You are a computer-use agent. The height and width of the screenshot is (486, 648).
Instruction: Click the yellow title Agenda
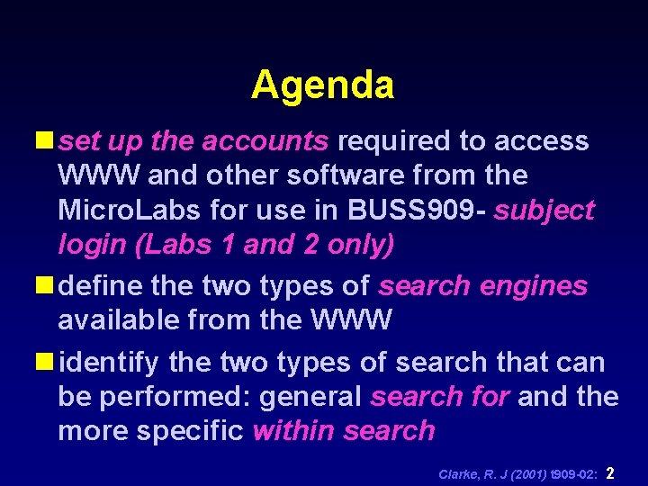(322, 85)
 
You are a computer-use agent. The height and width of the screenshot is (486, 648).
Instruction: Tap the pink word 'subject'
(544, 211)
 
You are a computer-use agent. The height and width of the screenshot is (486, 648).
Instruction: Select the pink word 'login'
(89, 245)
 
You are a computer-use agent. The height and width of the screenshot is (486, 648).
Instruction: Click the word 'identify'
(108, 363)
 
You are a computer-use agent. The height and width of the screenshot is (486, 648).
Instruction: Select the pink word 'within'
(293, 430)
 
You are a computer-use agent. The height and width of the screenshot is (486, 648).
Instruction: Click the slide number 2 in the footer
(611, 472)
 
